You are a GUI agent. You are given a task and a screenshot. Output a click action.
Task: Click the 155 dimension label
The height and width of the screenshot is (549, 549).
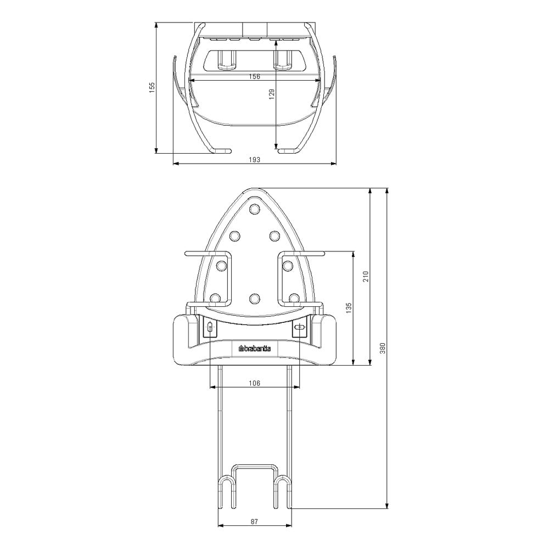pos(152,87)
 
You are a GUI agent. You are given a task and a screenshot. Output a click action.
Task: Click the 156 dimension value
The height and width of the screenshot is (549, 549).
pos(255,76)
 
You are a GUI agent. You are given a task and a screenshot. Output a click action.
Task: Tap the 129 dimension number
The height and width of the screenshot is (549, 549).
pos(272,94)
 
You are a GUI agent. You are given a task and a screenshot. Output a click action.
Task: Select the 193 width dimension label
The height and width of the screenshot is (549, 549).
pos(255,160)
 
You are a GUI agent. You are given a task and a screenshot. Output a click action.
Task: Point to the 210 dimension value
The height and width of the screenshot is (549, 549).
pos(366,277)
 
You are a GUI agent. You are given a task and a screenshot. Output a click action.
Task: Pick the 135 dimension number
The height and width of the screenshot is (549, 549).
pos(349,308)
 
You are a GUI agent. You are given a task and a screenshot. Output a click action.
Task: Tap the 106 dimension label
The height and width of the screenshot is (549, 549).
pos(255,383)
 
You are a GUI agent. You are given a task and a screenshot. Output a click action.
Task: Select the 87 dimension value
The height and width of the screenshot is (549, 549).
pos(255,522)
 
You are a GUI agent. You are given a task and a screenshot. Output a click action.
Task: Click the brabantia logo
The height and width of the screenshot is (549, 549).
pos(255,349)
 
